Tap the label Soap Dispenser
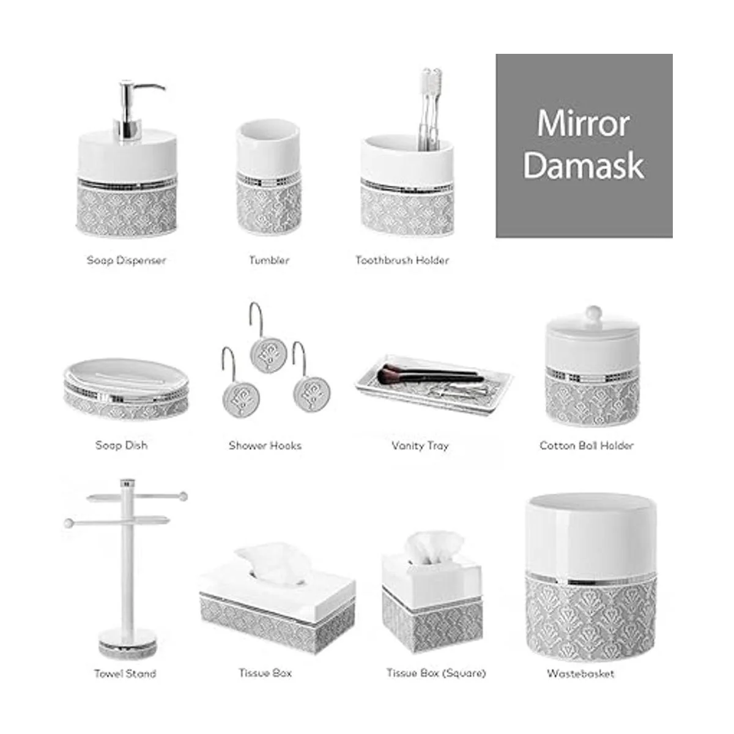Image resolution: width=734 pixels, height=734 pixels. (x=127, y=261)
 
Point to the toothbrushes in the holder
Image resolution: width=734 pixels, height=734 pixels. (x=431, y=108)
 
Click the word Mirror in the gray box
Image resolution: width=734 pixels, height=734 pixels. (x=583, y=124)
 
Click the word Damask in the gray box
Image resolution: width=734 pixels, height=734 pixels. (x=584, y=165)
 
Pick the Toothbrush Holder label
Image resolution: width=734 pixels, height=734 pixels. (x=402, y=261)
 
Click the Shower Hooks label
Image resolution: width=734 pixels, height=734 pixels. (x=265, y=446)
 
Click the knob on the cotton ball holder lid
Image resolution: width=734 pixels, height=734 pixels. (x=593, y=314)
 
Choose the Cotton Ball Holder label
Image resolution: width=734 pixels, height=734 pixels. (x=587, y=446)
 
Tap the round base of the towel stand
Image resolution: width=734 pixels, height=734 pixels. (x=128, y=643)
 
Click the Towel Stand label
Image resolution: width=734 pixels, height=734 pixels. (x=125, y=674)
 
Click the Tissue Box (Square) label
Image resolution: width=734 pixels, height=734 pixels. (x=436, y=673)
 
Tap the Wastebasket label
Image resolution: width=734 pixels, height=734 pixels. (x=580, y=674)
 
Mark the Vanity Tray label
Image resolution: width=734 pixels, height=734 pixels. (x=420, y=446)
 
